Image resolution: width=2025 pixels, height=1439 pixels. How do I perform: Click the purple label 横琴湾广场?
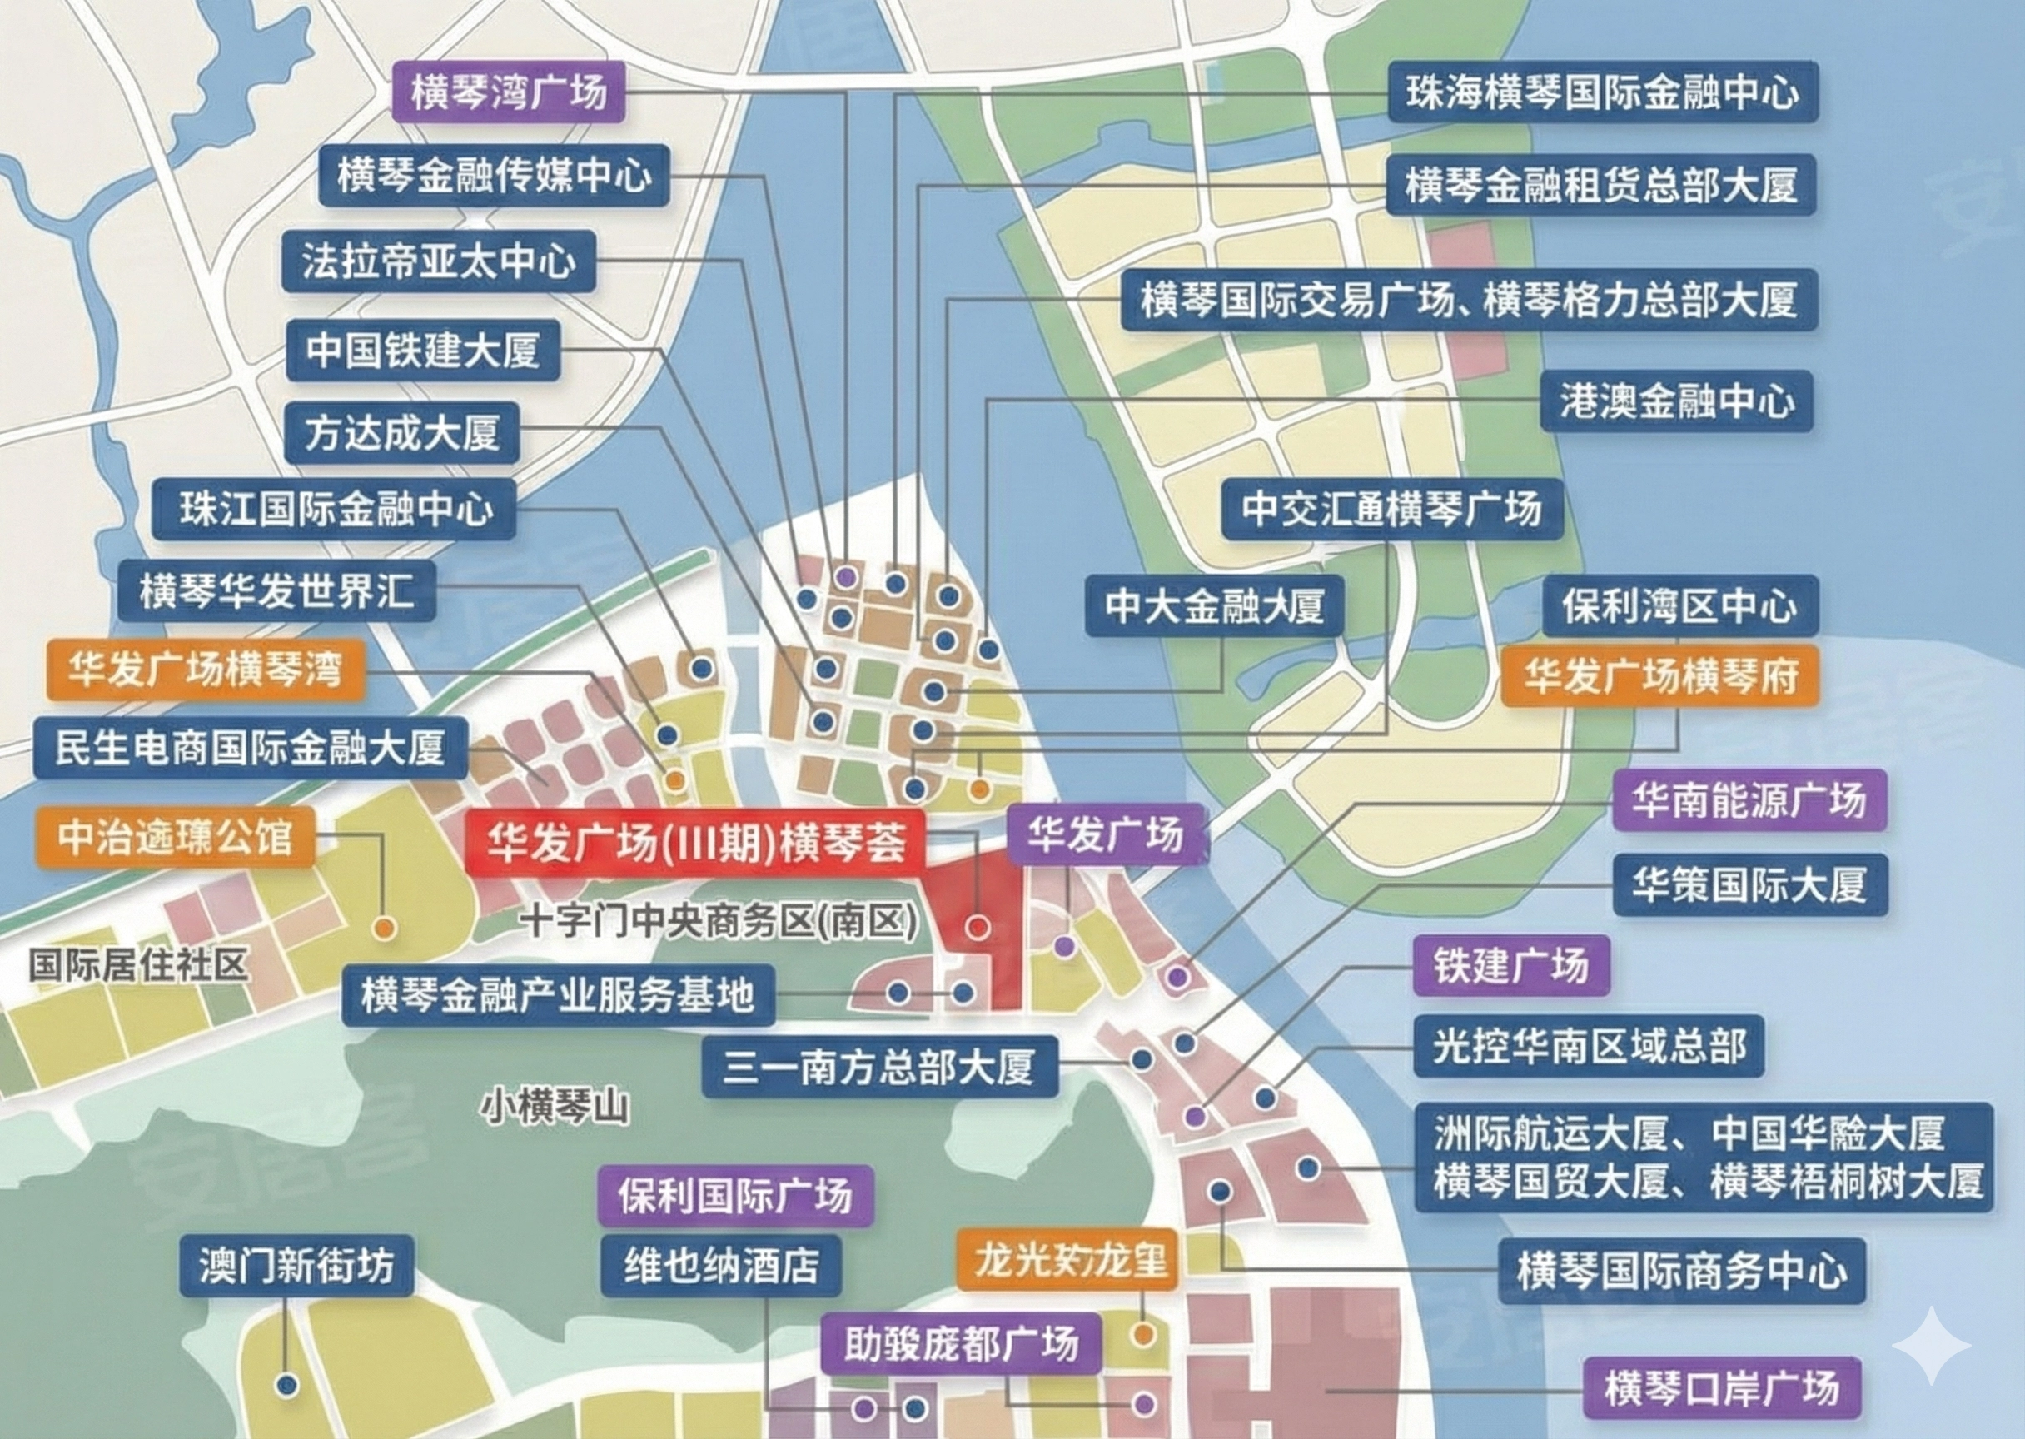(x=509, y=92)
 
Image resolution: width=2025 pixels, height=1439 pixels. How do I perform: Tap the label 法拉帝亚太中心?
(x=439, y=261)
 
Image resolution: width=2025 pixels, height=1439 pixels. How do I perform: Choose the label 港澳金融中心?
(x=1676, y=401)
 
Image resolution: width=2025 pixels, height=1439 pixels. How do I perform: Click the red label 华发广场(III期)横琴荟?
(x=696, y=842)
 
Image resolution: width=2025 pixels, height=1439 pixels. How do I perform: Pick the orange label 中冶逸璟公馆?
(x=175, y=836)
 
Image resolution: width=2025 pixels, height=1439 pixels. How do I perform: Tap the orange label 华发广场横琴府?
(x=1660, y=676)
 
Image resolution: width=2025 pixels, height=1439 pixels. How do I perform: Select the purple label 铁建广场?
(x=1510, y=965)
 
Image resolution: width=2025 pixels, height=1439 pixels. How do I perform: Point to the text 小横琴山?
(x=555, y=1107)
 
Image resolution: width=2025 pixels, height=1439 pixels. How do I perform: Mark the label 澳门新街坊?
(x=296, y=1265)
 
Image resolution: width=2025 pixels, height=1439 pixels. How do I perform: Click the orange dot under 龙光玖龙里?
(x=1142, y=1334)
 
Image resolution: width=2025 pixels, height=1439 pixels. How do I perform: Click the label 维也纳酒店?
(x=721, y=1265)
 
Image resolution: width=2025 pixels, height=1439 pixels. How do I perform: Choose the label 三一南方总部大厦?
(x=879, y=1066)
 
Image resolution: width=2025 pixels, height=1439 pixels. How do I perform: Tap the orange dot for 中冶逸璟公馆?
(x=384, y=928)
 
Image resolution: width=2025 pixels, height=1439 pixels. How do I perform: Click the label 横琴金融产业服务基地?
(x=557, y=995)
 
